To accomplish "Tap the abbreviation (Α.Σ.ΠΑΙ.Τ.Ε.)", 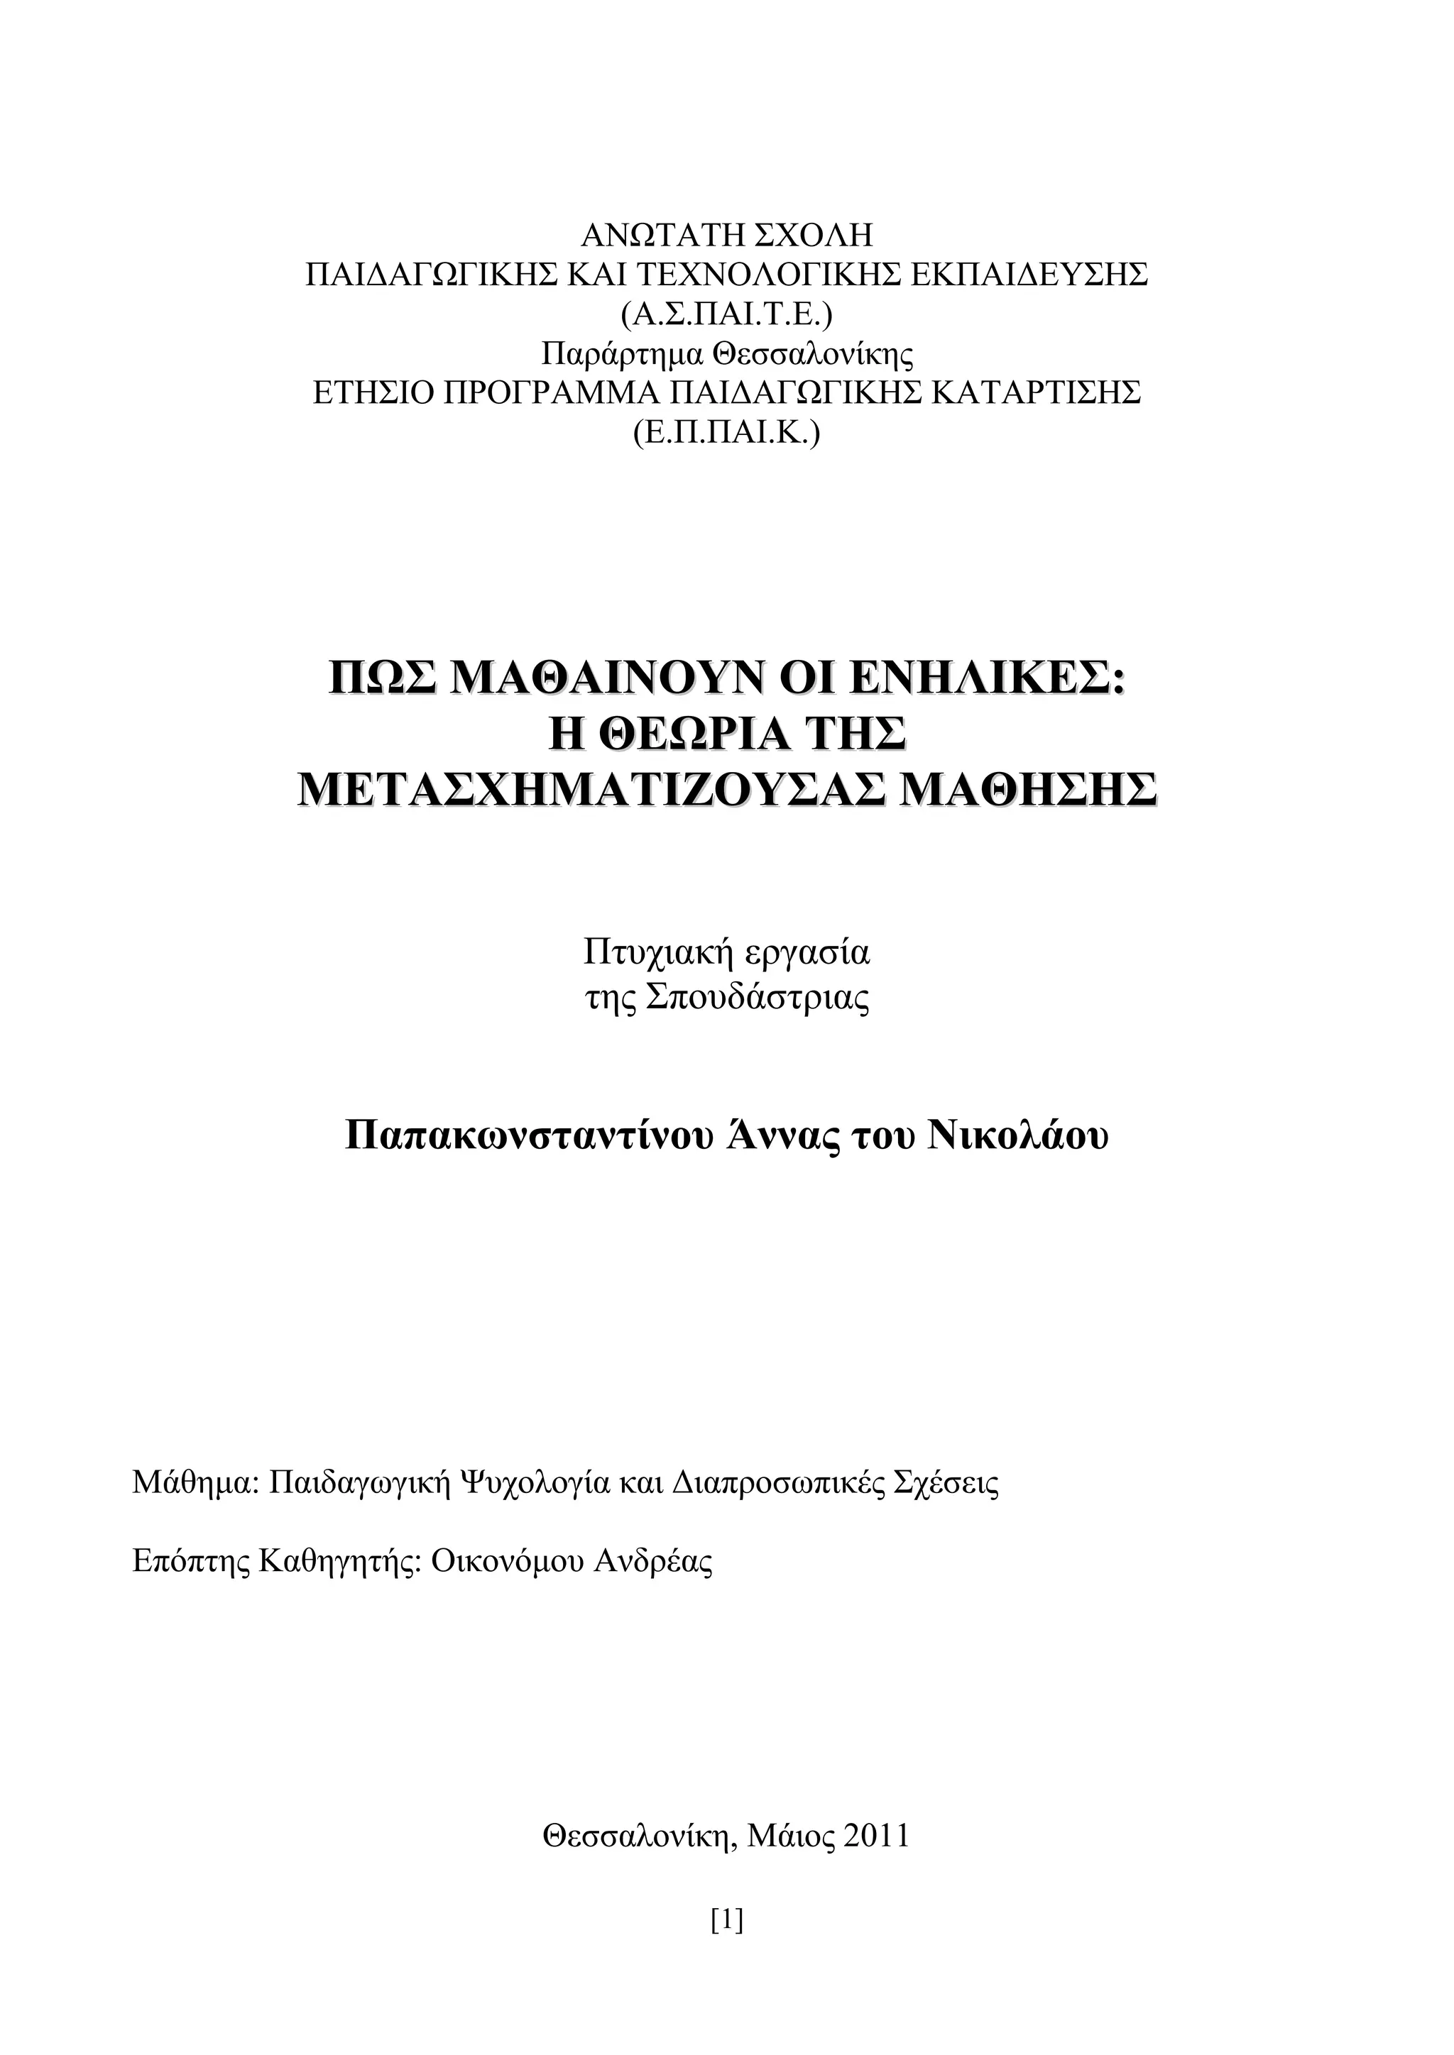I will click(x=726, y=314).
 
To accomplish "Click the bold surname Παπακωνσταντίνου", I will click(x=529, y=1137).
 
